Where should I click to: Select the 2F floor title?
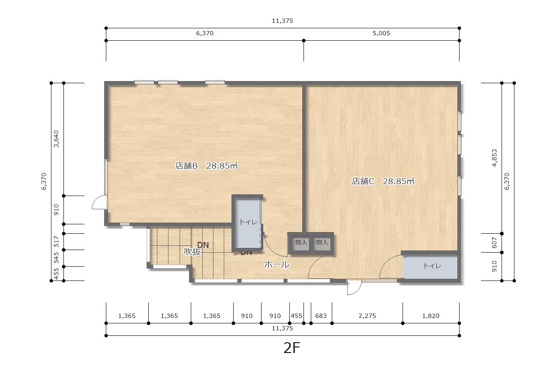coord(292,348)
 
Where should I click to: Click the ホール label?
coord(276,265)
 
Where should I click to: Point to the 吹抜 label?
coord(192,252)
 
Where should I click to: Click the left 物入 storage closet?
coord(301,242)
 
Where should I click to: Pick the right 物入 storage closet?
coord(322,242)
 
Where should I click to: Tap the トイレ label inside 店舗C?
coord(432,266)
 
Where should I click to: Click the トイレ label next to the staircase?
coord(248,222)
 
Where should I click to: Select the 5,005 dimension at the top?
coord(381,33)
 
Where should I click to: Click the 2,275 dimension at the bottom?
coord(367,316)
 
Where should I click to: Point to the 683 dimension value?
coord(321,316)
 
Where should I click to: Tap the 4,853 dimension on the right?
coord(494,158)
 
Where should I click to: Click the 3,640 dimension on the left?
coord(57,139)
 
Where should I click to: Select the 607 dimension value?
coord(494,243)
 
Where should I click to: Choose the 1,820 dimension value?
coord(431,316)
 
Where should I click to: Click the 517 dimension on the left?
coord(57,241)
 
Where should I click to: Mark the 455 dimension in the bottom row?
coord(296,316)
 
